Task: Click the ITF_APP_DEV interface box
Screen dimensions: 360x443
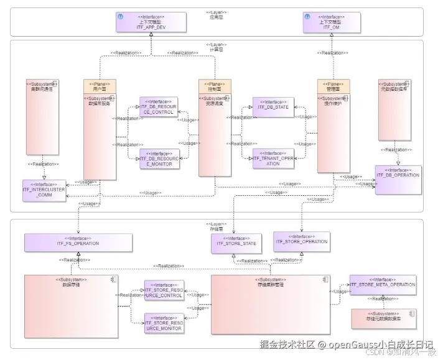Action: tap(151, 22)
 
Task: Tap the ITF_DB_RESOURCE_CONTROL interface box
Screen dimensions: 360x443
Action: tap(158, 107)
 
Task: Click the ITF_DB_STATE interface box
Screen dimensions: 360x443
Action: tap(273, 107)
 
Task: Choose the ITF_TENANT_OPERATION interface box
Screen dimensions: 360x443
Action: tap(273, 159)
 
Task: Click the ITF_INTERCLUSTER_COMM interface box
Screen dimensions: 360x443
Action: tap(44, 190)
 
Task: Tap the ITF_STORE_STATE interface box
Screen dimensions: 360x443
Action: tap(236, 243)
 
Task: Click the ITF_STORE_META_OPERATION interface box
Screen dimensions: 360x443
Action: tap(382, 285)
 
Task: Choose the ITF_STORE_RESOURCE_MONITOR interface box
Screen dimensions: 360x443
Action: tap(164, 323)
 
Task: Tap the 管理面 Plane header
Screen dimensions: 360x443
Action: tap(333, 86)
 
